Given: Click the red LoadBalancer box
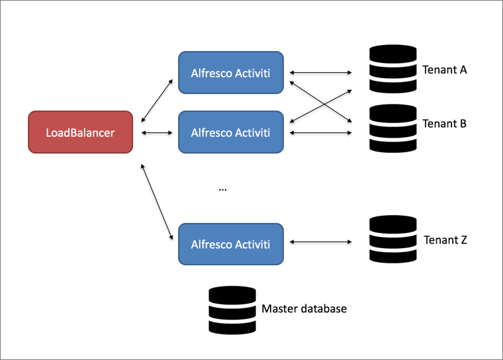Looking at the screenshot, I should (x=80, y=132).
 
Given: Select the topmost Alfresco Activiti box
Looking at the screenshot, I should (x=231, y=72).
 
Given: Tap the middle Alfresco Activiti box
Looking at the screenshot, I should (x=231, y=132).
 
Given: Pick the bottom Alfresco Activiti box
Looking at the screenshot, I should (x=231, y=243).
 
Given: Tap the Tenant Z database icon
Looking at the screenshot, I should (x=392, y=240).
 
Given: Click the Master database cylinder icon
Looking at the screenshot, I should (x=232, y=310).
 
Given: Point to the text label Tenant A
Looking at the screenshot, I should (x=445, y=69).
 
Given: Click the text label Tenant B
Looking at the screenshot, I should (x=445, y=124).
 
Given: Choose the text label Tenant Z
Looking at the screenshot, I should (x=445, y=240).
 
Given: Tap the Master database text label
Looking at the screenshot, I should (x=304, y=308).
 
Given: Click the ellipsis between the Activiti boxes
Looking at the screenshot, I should (x=222, y=189).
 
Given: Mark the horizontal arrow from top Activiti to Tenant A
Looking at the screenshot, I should (x=320, y=72).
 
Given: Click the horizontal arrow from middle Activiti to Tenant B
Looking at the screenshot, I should (x=320, y=133).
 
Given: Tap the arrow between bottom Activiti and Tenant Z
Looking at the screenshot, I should (x=320, y=243).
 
